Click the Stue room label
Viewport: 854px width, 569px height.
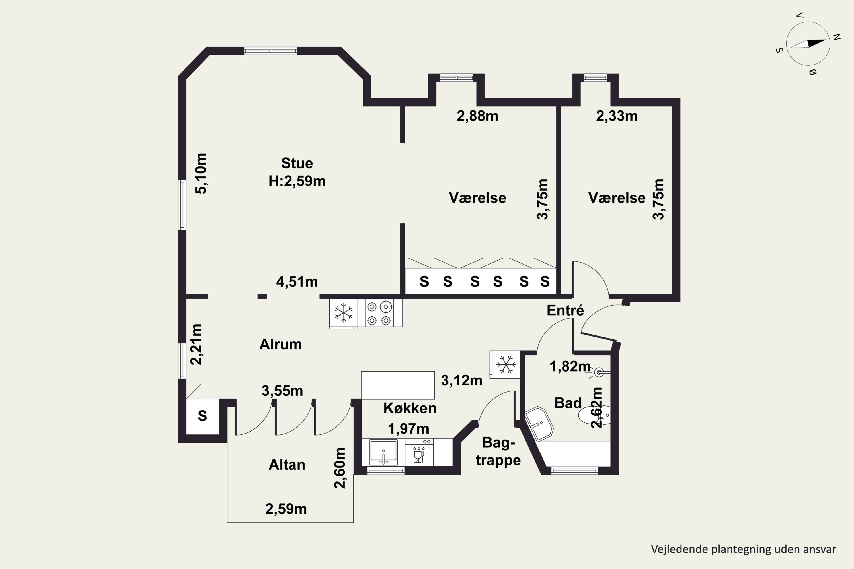[297, 163]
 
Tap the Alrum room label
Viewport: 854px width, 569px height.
[280, 344]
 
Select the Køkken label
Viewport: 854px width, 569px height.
[410, 408]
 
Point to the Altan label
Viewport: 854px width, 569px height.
[287, 465]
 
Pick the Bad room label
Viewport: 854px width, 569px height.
[568, 403]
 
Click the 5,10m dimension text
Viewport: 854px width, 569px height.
[201, 174]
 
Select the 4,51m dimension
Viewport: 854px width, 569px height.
[297, 282]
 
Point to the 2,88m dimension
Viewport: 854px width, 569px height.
[477, 116]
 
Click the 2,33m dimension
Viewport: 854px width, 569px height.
[617, 116]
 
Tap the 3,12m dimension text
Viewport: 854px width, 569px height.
[461, 380]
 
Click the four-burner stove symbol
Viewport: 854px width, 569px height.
[380, 313]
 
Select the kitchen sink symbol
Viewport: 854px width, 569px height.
[383, 452]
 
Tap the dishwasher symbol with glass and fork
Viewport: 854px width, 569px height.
[419, 452]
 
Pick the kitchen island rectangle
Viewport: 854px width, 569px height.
[398, 385]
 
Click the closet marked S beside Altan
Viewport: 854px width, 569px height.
[202, 416]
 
